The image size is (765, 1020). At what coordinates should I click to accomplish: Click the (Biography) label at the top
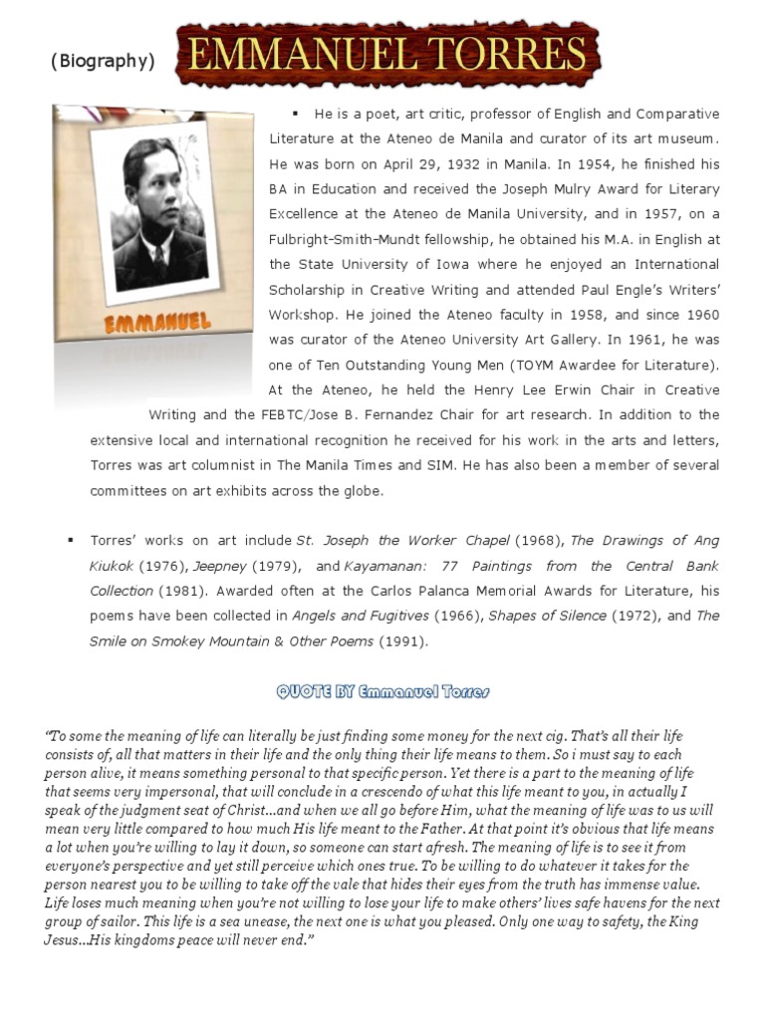point(103,62)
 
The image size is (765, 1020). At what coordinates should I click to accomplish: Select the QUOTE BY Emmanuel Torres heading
point(382,691)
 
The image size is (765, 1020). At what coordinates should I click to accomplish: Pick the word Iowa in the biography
point(433,264)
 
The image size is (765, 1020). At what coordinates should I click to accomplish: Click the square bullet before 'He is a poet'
point(296,113)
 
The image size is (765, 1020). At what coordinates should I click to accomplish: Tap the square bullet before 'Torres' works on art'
point(72,540)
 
